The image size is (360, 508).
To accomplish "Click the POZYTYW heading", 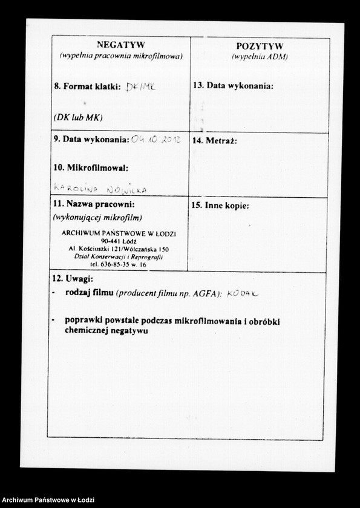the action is click(260, 46).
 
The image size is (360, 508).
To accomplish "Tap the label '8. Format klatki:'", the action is click(87, 86).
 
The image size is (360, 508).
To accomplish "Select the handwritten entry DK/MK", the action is click(140, 86).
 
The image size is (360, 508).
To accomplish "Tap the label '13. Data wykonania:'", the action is click(233, 86).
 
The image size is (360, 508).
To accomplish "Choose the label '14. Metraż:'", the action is click(214, 141).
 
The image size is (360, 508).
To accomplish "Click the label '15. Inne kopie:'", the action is click(220, 206).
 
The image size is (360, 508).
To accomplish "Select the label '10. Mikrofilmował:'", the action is click(91, 167).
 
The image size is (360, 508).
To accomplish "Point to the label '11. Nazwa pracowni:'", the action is click(94, 204).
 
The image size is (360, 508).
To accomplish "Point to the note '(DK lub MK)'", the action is click(77, 117).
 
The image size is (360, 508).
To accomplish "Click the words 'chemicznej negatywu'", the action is click(106, 331).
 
